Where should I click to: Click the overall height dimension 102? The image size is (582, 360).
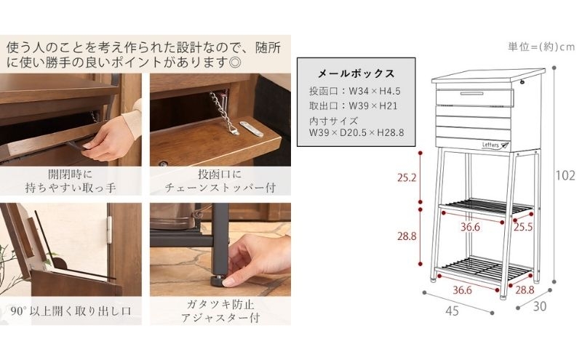point(565,175)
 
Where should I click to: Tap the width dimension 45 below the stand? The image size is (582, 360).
point(452,311)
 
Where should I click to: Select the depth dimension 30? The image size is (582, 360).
point(540,306)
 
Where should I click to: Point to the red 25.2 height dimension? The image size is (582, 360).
point(407,177)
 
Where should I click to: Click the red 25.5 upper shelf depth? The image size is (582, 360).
point(523,226)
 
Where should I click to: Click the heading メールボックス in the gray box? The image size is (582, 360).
point(356,73)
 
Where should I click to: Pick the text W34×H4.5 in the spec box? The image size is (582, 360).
point(375,91)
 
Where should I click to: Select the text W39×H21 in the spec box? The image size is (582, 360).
point(373,105)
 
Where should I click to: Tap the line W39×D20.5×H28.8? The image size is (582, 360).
point(356,132)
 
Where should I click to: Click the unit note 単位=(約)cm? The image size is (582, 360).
point(541,47)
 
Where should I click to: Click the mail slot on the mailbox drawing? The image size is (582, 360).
point(471,94)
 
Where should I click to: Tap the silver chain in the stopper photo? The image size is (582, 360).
point(220,110)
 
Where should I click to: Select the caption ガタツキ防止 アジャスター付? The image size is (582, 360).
point(220,311)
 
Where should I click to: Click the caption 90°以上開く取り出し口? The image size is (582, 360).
point(71,311)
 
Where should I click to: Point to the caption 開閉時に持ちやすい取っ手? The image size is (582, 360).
point(71,181)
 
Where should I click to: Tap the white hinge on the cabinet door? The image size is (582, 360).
point(109,230)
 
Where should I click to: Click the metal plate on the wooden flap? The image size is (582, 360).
point(251,129)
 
